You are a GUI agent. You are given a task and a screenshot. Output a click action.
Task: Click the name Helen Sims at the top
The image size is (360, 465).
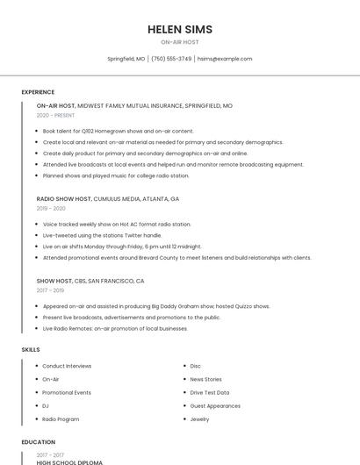coord(180,29)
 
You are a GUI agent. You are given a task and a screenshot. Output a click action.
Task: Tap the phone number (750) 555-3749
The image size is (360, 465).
coord(171,59)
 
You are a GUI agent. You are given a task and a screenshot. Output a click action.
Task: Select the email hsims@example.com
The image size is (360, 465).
coord(225,59)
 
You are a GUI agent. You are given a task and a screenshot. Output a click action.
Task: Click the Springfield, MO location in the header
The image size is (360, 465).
coord(126,59)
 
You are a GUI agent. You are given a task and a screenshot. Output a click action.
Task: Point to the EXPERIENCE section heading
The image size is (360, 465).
coord(38,92)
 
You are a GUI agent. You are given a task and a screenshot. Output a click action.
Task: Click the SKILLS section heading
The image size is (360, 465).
coord(31,349)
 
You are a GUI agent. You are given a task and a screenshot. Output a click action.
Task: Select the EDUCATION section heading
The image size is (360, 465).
coord(39,442)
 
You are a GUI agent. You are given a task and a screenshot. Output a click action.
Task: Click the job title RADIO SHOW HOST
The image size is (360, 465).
coord(64,199)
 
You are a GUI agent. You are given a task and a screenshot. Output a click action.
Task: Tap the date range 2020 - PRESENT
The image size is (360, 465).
coord(55,115)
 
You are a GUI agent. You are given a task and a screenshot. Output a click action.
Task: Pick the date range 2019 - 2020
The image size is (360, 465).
coord(51,209)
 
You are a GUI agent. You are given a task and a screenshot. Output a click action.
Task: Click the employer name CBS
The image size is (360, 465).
coord(80,281)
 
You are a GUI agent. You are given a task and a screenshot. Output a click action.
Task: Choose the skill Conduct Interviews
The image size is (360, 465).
coord(67,366)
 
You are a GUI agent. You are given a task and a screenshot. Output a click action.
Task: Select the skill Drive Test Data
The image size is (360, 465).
coord(210,392)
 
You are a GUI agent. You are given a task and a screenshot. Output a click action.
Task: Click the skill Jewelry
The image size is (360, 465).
coord(199,419)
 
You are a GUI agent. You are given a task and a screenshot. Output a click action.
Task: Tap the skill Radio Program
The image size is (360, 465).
coord(61,419)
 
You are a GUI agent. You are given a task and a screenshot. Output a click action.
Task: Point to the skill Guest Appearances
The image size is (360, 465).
coord(215,406)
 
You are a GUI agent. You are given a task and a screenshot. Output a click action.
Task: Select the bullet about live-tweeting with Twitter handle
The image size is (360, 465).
coord(103,235)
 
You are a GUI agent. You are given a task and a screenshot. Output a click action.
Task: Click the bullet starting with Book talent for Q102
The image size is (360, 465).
coord(119,131)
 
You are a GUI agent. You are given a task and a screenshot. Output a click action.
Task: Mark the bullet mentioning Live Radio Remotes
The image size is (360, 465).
coord(115,328)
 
